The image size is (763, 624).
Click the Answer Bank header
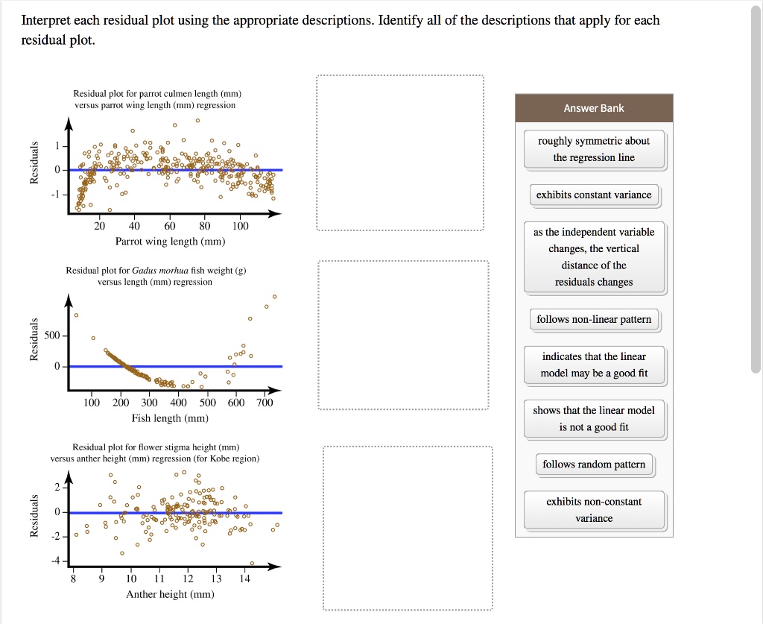[594, 108]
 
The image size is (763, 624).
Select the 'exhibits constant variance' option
[594, 195]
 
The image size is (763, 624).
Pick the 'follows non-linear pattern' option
[594, 320]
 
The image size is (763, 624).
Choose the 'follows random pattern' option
[594, 464]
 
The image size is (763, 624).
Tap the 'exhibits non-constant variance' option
[594, 510]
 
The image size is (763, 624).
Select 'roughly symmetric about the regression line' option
[594, 149]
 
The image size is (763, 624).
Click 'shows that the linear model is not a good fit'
[594, 419]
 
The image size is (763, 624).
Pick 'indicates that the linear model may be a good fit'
[594, 365]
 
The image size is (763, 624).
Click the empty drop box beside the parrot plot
[400, 153]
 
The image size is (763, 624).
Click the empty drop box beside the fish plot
[403, 335]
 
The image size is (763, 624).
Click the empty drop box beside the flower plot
[408, 528]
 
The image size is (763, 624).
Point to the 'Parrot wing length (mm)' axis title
[170, 242]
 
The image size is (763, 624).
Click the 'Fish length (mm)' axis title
[170, 418]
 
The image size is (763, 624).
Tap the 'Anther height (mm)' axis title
[170, 594]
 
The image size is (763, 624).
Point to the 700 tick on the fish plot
[265, 403]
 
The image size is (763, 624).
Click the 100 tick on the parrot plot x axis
[240, 226]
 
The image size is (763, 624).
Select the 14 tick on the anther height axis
[245, 579]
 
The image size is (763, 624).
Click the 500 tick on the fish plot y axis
[52, 336]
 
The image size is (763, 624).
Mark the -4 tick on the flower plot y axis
[55, 561]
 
